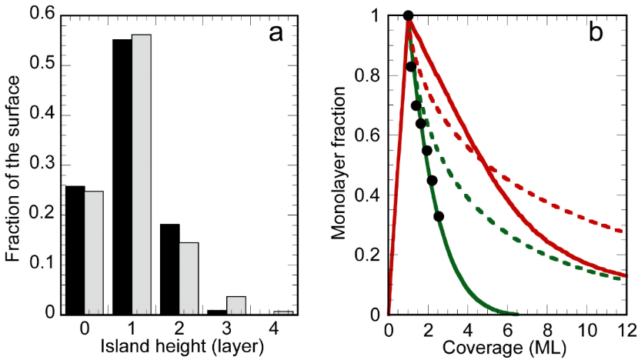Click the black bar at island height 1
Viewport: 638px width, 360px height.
coord(122,177)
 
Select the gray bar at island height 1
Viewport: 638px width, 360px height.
coord(142,175)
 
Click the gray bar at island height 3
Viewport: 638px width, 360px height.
coord(236,305)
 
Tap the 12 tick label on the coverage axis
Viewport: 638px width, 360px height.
coord(626,329)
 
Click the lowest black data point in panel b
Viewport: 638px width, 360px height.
coord(439,216)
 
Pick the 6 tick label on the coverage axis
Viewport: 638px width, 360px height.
coord(507,329)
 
